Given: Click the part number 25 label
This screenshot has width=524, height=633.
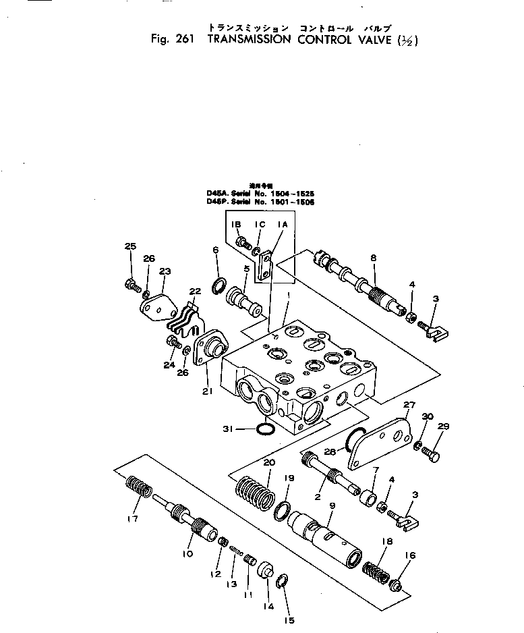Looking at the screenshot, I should tap(129, 246).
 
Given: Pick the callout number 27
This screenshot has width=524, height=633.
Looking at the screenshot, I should tap(408, 404).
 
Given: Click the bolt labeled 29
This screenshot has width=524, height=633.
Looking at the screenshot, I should tap(432, 456).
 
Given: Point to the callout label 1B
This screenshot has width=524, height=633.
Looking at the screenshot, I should tap(237, 224).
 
